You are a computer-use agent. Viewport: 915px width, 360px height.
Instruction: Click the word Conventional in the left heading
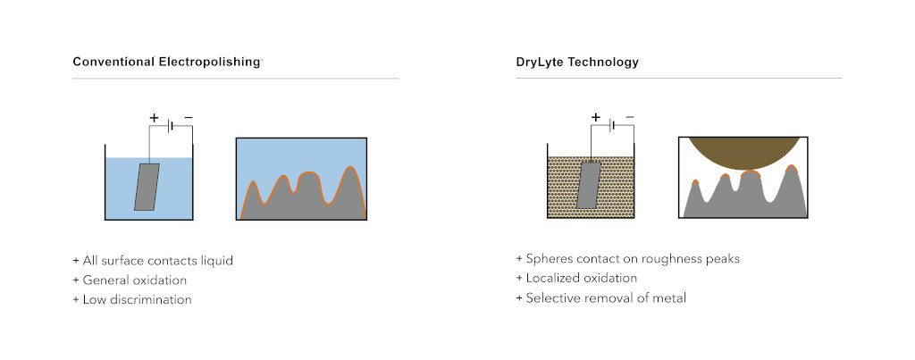point(113,62)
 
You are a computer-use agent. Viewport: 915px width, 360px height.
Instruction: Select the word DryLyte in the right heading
point(537,62)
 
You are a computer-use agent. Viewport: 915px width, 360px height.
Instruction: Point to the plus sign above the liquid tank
point(154,118)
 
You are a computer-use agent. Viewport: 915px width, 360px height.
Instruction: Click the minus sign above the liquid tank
point(188,117)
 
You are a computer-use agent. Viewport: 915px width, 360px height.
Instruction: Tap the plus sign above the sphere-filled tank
point(596,117)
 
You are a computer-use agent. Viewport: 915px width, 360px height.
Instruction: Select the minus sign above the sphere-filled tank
point(630,117)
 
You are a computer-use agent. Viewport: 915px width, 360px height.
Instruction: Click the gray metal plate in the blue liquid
point(147,187)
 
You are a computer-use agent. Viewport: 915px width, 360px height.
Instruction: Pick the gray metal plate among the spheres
point(589,185)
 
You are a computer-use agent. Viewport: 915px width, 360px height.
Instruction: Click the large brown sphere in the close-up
point(743,152)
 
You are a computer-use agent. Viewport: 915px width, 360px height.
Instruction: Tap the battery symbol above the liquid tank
point(171,126)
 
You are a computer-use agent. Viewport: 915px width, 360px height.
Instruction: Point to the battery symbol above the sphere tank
point(612,125)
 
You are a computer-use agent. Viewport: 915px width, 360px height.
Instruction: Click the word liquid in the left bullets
point(216,261)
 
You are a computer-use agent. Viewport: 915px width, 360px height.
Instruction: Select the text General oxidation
point(135,280)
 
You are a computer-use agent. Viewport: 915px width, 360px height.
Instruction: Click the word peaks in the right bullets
point(723,259)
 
